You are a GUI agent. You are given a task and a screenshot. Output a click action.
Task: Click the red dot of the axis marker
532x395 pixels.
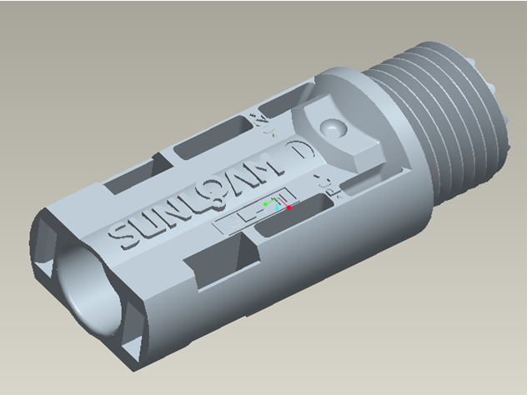pos(289,207)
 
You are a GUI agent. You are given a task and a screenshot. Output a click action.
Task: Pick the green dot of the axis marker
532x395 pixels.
pos(265,203)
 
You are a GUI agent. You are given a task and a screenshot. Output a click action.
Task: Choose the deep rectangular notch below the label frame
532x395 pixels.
pos(221,266)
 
